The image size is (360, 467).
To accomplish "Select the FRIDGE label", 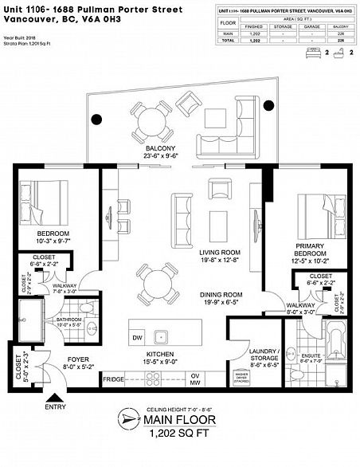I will (114, 379).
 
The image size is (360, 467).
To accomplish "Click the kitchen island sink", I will (159, 336).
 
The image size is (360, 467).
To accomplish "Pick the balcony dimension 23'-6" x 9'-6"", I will (162, 157).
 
